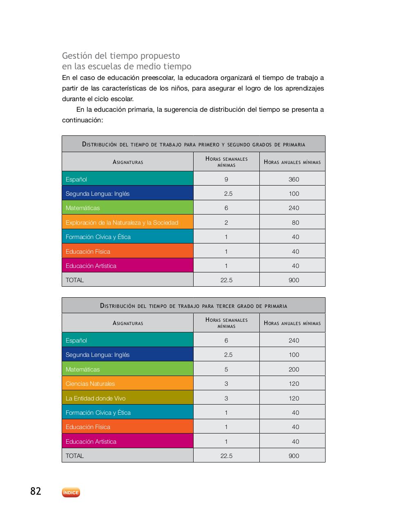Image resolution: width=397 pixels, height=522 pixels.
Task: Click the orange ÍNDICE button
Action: (71, 493)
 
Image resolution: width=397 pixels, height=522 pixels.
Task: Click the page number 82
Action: (36, 491)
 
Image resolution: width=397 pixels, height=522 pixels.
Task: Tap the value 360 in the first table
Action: (294, 179)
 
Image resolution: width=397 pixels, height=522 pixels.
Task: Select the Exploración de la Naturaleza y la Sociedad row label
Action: (122, 223)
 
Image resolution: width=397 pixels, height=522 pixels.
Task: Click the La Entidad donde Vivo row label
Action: (96, 398)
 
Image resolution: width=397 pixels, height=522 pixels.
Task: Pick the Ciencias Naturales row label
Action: (90, 384)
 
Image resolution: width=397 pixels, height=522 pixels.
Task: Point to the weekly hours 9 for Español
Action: (226, 179)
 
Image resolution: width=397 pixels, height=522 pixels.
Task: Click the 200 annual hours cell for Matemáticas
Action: (294, 369)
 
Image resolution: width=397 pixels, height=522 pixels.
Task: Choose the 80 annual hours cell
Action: (295, 223)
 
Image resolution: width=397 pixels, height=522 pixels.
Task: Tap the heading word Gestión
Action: (77, 56)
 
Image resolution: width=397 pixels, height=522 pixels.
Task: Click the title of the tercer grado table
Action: (194, 306)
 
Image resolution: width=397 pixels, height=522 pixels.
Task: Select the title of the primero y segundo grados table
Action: (194, 144)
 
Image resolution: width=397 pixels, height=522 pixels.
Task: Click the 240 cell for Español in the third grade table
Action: (294, 341)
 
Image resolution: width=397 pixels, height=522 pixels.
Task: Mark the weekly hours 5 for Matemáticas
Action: (226, 369)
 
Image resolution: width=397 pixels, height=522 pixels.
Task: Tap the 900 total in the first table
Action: (294, 280)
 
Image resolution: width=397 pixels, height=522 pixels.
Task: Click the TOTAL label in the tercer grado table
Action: (75, 456)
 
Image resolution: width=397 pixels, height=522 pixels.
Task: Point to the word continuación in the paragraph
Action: (82, 120)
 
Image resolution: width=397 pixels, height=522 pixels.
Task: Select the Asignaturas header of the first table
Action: (128, 162)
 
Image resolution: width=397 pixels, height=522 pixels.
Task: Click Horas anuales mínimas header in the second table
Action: (292, 323)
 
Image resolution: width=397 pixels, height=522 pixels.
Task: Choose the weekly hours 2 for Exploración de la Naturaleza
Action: (226, 223)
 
